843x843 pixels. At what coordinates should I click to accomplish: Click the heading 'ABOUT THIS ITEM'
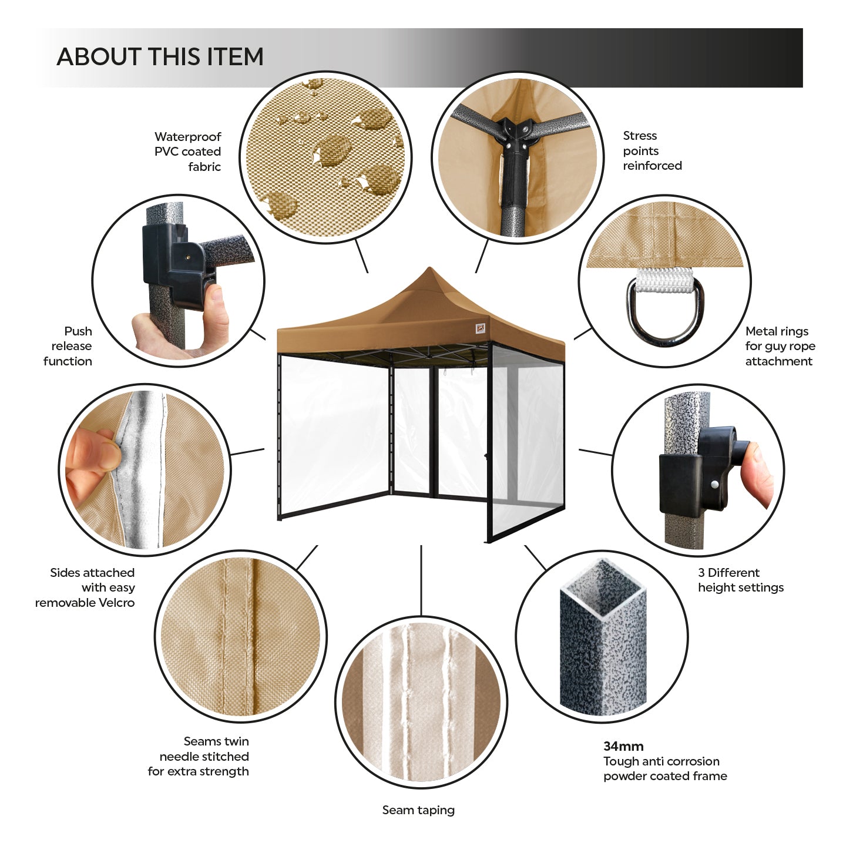click(160, 57)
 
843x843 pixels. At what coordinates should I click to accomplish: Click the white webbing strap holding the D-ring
click(664, 280)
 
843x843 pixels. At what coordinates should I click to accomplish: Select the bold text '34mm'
click(623, 746)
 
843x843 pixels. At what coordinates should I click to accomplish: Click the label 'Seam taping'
click(418, 810)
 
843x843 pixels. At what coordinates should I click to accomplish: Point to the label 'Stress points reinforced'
click(652, 150)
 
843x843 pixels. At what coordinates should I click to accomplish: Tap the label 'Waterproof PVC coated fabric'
click(187, 152)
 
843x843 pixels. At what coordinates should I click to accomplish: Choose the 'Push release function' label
click(68, 346)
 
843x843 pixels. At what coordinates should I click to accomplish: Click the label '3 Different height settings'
click(741, 580)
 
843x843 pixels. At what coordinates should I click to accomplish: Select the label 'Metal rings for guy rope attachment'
click(780, 346)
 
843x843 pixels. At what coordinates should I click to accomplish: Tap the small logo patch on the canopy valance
click(481, 328)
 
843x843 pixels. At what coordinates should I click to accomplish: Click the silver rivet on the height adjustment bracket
click(714, 484)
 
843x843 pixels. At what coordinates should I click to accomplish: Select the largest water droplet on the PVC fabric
click(333, 150)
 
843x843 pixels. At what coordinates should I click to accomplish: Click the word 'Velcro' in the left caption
click(116, 602)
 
